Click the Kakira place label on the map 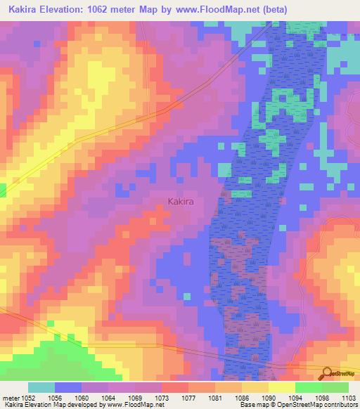click(x=181, y=202)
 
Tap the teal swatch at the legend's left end click(x=41, y=387)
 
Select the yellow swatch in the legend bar click(x=281, y=387)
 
